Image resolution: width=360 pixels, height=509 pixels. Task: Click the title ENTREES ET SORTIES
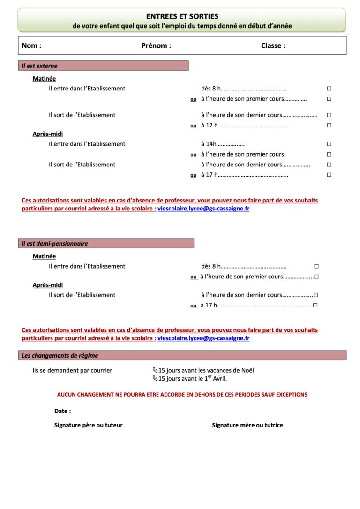pos(182,16)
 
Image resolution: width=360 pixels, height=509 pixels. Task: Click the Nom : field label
pos(31,46)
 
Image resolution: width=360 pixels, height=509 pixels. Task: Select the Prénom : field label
pos(156,46)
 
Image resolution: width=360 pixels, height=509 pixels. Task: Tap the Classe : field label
pos(273,46)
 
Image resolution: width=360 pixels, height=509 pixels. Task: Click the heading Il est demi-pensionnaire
pos(55,244)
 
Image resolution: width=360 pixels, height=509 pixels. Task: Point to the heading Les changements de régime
pos(60,356)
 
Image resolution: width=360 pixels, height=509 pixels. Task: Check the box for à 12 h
pos(329,126)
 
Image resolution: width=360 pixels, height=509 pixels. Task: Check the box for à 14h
pos(329,144)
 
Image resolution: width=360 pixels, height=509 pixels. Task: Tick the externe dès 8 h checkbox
pos(329,89)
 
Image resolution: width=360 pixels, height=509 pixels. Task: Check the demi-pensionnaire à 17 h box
pos(315,306)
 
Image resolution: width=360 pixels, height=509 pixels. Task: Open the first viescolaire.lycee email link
pos(203,209)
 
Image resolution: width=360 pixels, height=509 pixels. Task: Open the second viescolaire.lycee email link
pos(203,338)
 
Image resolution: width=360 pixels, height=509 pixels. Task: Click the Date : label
pos(63,411)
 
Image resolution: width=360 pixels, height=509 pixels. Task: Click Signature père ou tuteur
pos(89,425)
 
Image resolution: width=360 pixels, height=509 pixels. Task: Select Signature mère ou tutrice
pos(247,425)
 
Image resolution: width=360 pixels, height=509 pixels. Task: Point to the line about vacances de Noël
pos(203,370)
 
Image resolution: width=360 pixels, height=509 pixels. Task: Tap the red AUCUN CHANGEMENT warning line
pos(182,395)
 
